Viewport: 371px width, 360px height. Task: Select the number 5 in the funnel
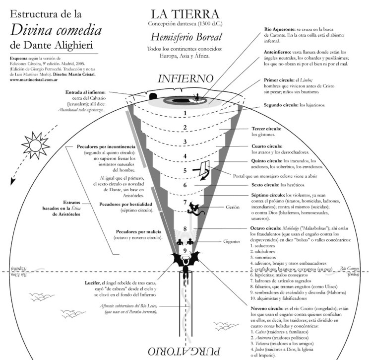coord(185,170)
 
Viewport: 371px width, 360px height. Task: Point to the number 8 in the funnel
coord(185,229)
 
